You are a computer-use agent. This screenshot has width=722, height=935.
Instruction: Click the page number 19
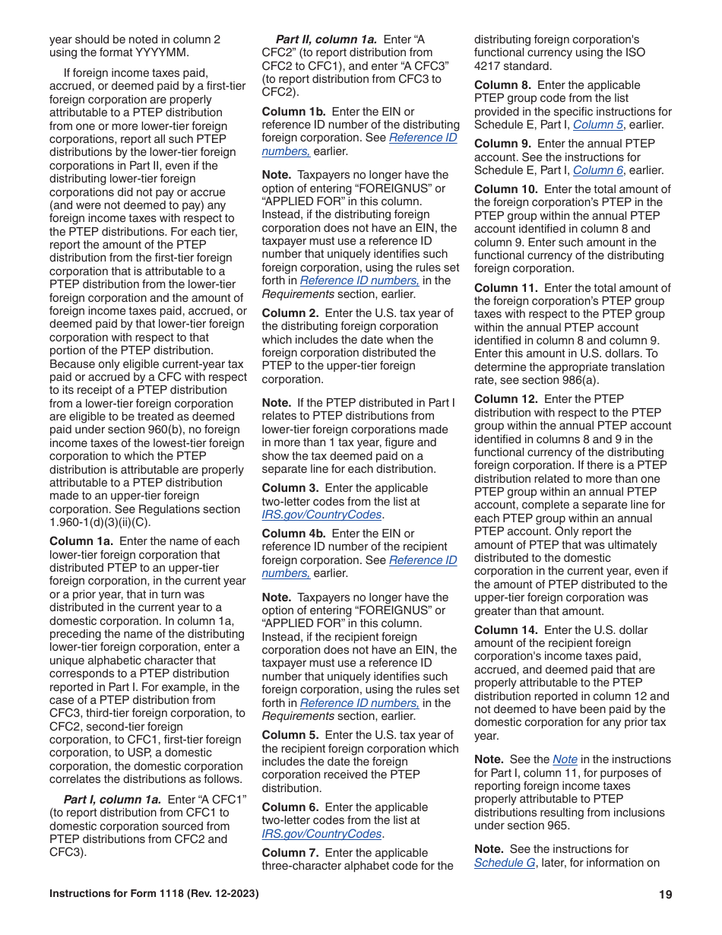coord(666,894)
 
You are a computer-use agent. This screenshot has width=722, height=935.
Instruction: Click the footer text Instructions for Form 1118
coord(154,894)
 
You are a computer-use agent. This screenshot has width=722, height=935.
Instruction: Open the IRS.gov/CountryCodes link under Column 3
coord(321,515)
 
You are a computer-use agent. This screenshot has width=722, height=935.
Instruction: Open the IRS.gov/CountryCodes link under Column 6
coord(321,834)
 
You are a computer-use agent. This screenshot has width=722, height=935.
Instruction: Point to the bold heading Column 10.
coord(505,189)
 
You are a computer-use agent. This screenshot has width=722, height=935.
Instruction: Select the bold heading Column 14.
coord(505,630)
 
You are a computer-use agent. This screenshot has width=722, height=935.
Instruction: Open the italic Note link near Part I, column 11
coord(565,759)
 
